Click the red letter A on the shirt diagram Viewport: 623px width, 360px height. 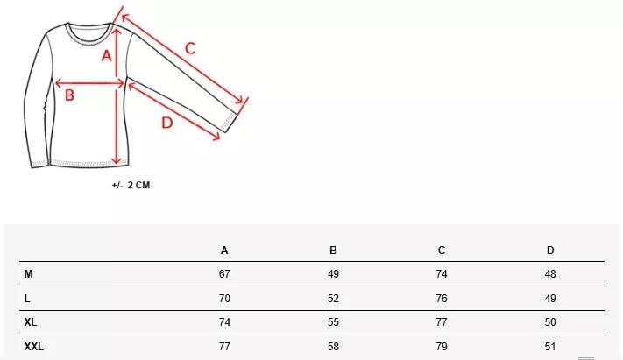coord(106,56)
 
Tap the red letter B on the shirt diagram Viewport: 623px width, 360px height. coord(69,95)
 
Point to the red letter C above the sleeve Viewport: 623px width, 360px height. coord(190,48)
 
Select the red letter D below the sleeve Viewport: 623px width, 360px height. coord(167,123)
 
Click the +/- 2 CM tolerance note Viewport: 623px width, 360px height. coord(131,185)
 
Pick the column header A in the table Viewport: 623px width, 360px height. coord(224,251)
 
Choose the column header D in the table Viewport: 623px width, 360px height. coord(550,251)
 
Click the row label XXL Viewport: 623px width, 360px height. coord(34,347)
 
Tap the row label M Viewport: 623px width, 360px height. coord(29,274)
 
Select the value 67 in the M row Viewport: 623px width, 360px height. coord(224,274)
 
